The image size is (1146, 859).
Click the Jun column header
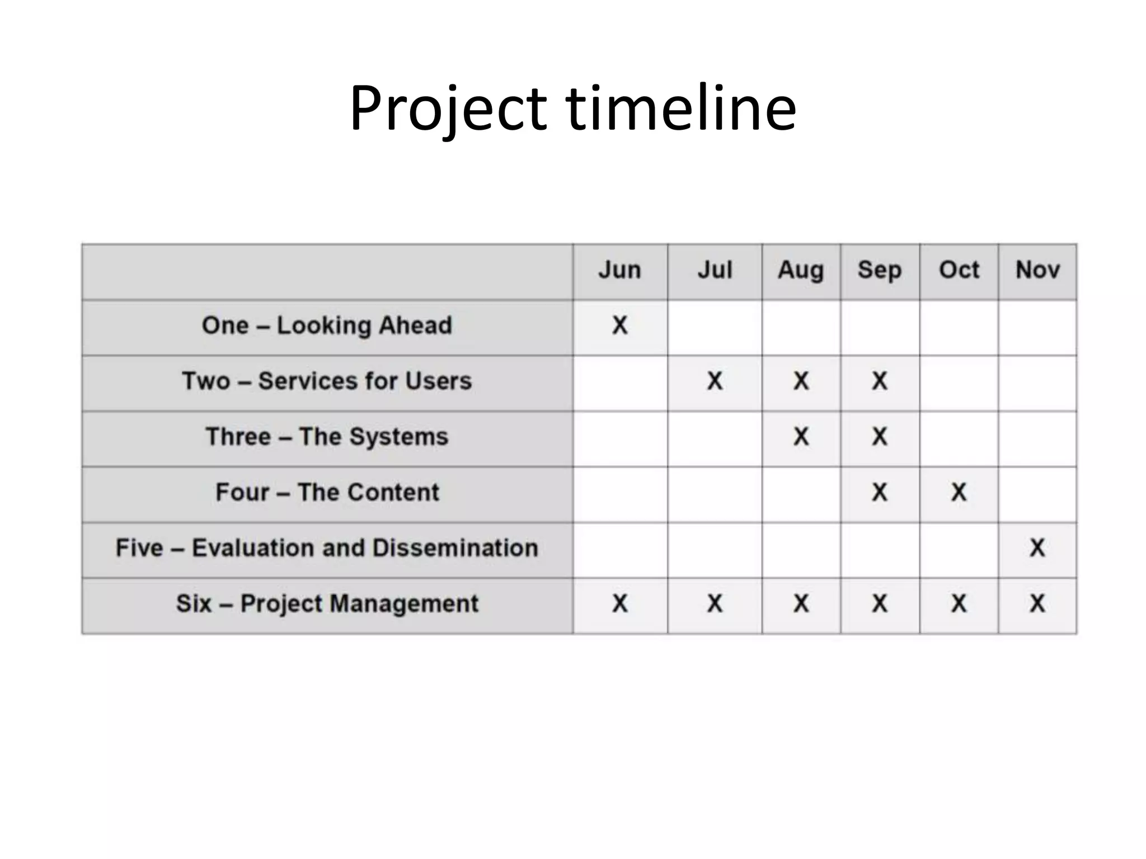tap(619, 270)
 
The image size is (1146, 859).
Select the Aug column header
tap(801, 270)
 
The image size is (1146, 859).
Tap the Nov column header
tap(1037, 270)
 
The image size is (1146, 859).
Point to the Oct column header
tap(959, 270)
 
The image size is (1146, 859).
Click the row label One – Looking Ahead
tap(327, 325)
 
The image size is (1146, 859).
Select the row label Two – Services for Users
tap(327, 381)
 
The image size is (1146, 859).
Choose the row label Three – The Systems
tap(327, 437)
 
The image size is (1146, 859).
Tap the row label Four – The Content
tap(327, 492)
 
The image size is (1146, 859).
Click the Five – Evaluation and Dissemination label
tap(327, 548)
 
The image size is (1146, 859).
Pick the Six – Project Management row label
tap(327, 603)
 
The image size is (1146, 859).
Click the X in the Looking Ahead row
tap(620, 325)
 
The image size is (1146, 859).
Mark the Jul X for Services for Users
tap(715, 381)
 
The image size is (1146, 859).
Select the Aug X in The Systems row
tap(801, 436)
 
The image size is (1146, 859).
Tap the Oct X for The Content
tap(959, 492)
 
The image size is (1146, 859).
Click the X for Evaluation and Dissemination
tap(1037, 548)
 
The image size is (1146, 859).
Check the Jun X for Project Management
tap(620, 603)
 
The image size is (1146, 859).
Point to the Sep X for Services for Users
tap(880, 381)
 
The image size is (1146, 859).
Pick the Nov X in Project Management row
tap(1037, 603)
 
